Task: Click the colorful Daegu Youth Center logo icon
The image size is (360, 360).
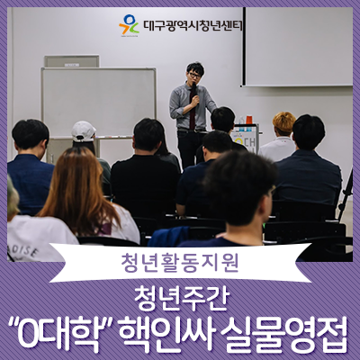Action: point(129,24)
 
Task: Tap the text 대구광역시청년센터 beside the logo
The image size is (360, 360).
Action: point(193,25)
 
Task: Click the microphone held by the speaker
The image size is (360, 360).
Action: point(194,89)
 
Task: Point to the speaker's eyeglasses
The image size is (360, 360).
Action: point(194,75)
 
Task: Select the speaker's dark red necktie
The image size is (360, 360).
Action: point(193,108)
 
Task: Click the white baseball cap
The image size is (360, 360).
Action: point(83,130)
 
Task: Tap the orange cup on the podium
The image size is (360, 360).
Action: point(249,120)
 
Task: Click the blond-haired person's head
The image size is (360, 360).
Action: point(283,123)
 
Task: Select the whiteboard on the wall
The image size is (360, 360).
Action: point(98,103)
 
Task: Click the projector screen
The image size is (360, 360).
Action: point(298,47)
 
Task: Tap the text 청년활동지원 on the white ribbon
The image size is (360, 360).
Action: point(180,263)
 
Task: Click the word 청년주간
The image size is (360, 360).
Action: point(180,298)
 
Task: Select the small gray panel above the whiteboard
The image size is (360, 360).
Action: point(72,61)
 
